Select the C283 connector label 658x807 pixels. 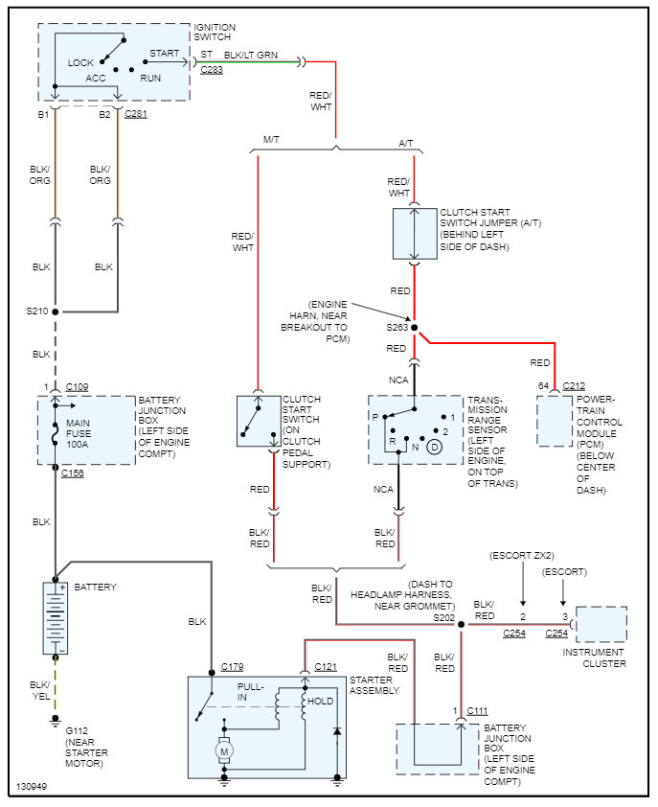212,70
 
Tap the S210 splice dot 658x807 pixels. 56,311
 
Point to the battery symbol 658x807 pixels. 55,618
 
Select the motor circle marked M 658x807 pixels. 225,750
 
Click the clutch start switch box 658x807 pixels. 259,421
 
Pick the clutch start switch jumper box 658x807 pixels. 415,232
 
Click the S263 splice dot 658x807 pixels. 415,326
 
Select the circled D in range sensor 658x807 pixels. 434,448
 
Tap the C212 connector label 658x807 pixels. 574,385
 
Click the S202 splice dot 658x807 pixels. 461,625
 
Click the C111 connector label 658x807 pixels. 478,710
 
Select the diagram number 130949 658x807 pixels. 32,788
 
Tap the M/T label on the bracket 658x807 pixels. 271,141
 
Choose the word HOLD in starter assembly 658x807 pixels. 321,702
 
